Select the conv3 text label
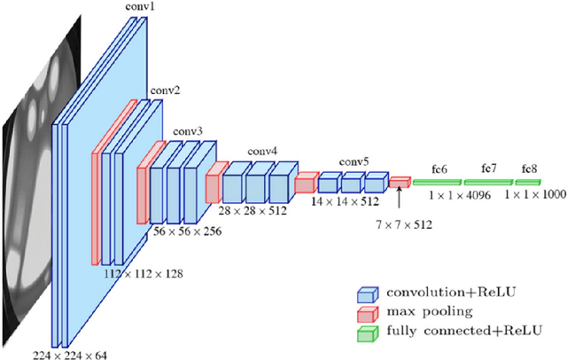tap(188, 131)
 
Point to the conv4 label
tap(262, 150)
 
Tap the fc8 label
tap(529, 168)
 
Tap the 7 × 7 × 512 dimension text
tap(400, 224)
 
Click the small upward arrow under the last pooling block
tap(400, 197)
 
